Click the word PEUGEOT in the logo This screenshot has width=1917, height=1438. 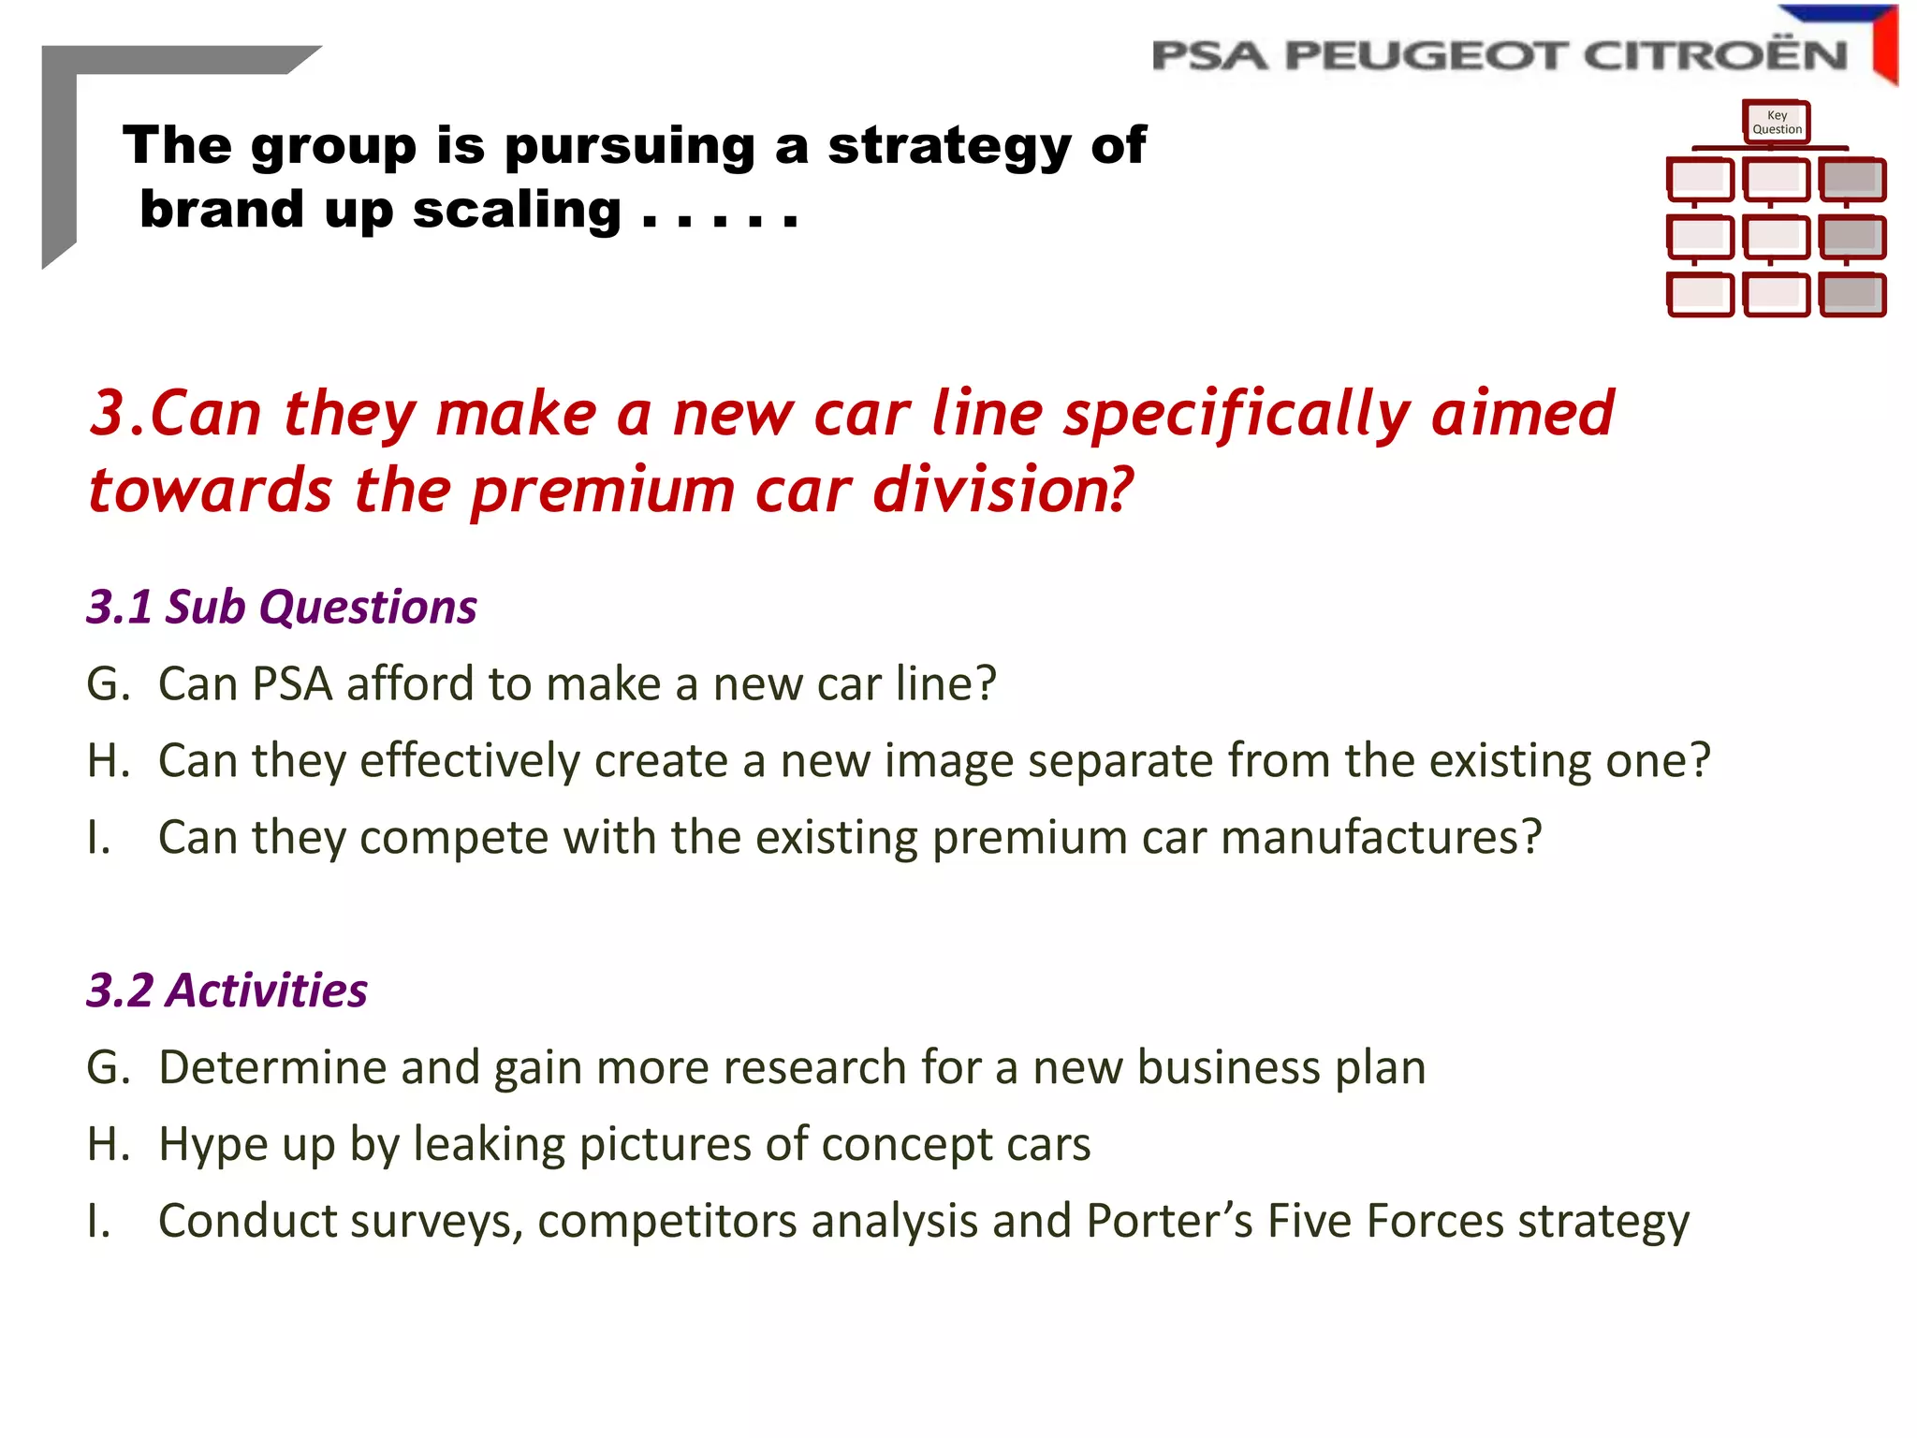(x=1425, y=56)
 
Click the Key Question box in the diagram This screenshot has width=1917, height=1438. (x=1776, y=123)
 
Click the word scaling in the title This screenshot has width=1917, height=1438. (x=517, y=210)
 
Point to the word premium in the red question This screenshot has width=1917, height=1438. (x=603, y=491)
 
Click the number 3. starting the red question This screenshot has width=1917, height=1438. (x=116, y=413)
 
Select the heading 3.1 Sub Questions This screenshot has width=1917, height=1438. (x=282, y=607)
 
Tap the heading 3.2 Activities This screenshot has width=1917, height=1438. (x=227, y=990)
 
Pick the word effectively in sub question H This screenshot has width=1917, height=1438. (x=469, y=760)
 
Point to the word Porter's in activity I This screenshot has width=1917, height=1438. (x=1169, y=1221)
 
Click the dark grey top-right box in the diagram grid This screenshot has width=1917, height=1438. (x=1851, y=179)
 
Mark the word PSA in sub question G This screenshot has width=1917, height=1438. (x=292, y=683)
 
